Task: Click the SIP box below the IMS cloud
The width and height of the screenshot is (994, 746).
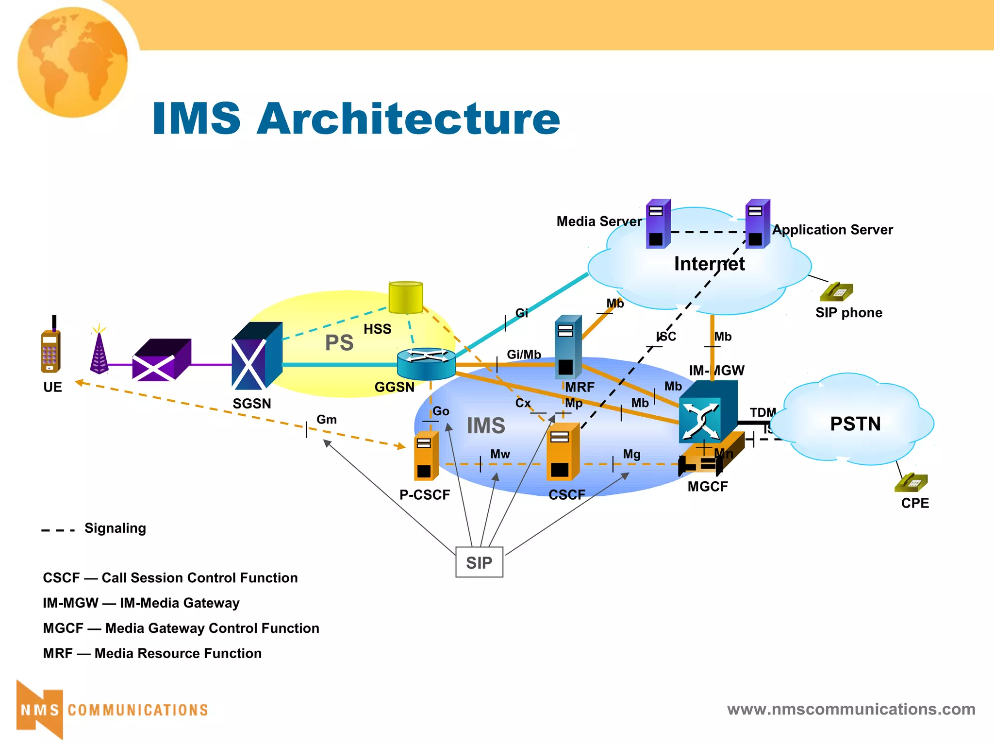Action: (479, 562)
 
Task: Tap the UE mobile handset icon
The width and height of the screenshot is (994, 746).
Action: (50, 348)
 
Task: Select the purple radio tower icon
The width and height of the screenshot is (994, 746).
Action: (99, 352)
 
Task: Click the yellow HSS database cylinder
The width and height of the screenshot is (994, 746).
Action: (406, 297)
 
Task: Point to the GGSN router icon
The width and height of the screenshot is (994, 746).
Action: (426, 364)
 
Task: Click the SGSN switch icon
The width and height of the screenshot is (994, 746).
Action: (257, 356)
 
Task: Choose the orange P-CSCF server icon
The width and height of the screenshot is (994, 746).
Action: (426, 456)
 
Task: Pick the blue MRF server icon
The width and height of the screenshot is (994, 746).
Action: (568, 347)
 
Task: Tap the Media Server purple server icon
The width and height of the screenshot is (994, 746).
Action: (658, 224)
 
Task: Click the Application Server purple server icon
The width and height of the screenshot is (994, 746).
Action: (757, 224)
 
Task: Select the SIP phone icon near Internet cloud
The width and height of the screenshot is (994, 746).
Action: (836, 292)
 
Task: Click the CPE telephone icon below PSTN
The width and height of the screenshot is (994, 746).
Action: (911, 483)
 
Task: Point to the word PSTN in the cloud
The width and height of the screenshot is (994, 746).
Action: (855, 424)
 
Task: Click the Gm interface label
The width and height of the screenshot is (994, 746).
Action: (326, 420)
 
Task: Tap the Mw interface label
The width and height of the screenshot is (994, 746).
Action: (500, 454)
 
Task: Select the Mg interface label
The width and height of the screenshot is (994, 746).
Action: (631, 454)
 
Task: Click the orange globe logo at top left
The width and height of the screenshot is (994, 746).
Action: (73, 62)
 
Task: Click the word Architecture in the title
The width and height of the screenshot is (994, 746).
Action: (408, 119)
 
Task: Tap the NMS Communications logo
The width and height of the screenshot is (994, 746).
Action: (112, 710)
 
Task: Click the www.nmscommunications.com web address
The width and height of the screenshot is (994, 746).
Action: (851, 709)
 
